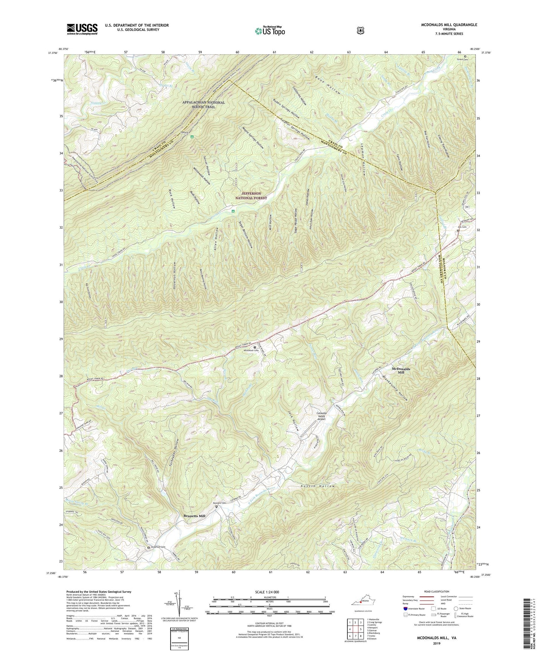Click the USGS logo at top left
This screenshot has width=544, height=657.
[x=82, y=29]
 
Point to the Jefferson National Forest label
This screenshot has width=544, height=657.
[x=251, y=195]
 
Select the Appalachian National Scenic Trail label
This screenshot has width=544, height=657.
[x=203, y=104]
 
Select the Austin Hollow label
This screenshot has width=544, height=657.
[x=318, y=486]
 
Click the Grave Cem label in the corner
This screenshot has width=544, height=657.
[x=462, y=59]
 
